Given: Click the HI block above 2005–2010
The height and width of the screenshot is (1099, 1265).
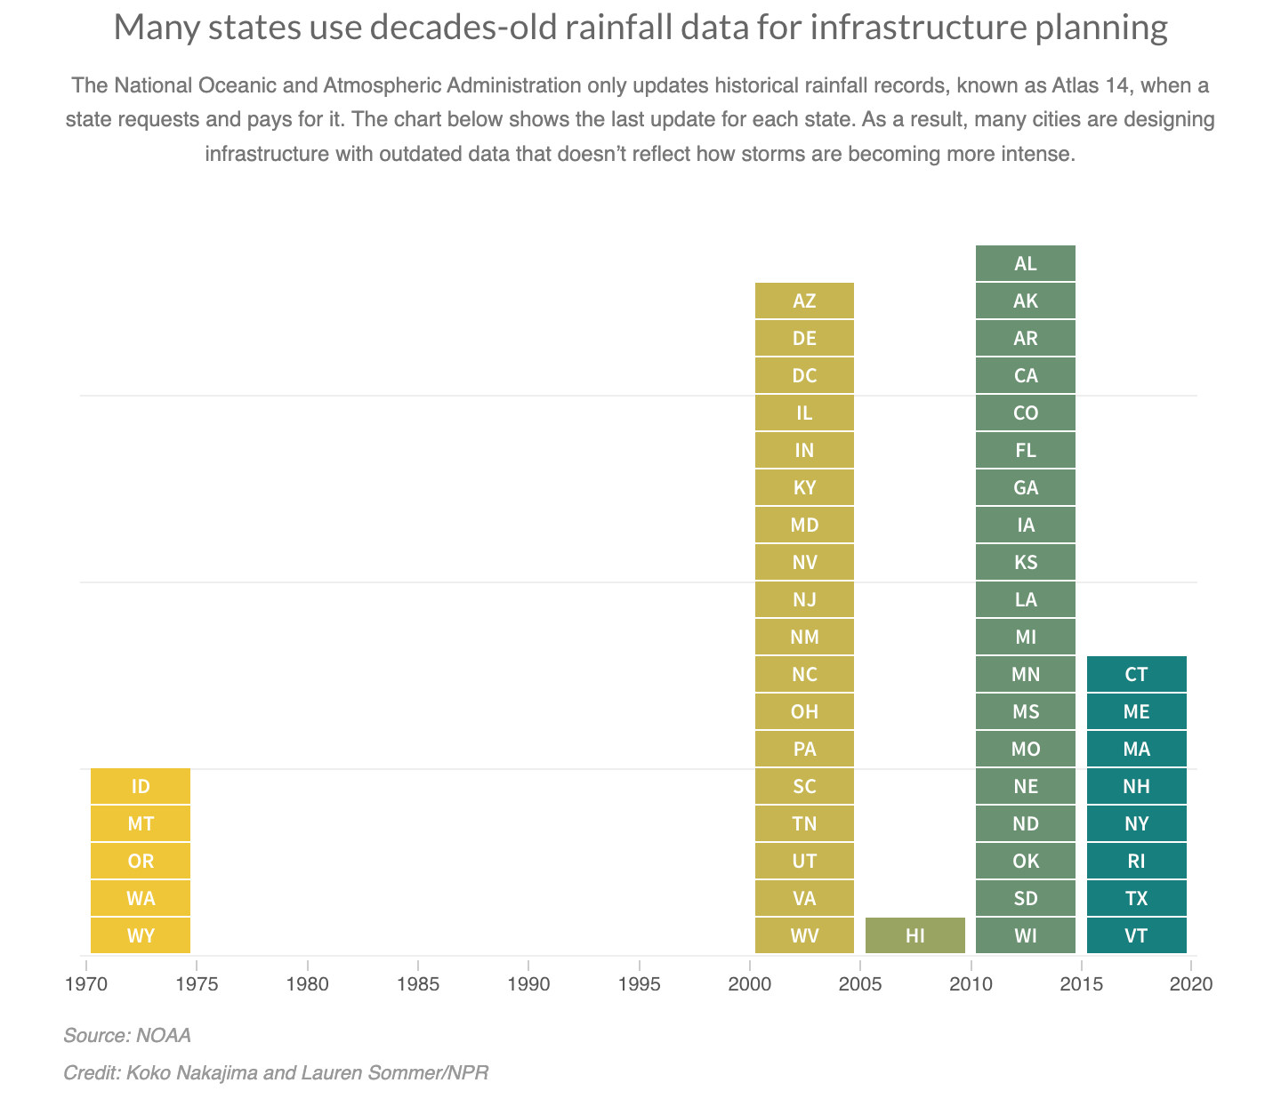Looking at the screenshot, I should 915,935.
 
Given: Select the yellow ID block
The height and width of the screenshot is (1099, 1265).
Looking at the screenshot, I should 141,786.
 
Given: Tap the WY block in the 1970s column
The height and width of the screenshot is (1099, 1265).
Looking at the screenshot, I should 141,935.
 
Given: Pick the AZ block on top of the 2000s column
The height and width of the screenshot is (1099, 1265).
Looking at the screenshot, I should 804,301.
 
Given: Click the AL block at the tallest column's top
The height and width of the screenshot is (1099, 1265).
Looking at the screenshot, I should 1025,263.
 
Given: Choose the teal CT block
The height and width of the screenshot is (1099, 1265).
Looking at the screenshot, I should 1136,674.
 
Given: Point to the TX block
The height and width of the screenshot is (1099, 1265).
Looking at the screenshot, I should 1136,898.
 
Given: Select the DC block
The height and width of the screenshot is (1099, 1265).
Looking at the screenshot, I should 804,375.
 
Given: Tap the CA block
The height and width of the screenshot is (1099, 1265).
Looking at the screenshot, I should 1025,375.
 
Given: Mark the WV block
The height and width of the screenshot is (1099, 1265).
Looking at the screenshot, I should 804,935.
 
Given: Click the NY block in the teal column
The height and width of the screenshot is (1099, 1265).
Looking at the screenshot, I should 1136,823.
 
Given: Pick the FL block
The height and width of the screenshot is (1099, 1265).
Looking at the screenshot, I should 1025,450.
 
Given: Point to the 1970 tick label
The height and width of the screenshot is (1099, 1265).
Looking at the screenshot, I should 85,984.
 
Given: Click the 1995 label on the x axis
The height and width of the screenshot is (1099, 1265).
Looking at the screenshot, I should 639,984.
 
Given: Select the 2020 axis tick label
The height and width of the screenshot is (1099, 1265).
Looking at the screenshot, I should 1192,984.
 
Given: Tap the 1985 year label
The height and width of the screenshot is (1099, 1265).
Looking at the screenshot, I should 417,984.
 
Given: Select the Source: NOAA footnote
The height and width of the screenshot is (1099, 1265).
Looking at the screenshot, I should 127,1035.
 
